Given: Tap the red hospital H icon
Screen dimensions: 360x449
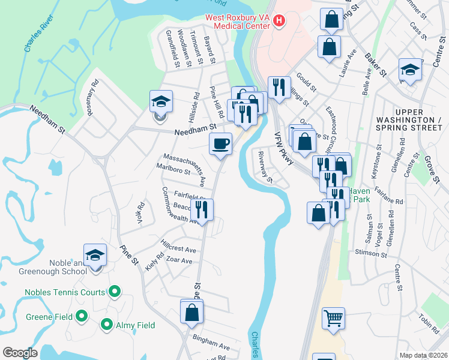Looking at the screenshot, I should [x=279, y=22].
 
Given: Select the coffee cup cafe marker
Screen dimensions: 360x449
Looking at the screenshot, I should [x=220, y=144].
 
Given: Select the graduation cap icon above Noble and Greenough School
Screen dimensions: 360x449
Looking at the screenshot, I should [x=95, y=255].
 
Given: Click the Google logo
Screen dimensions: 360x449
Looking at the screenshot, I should [x=20, y=353].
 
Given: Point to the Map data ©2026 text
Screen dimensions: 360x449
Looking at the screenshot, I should [x=423, y=355].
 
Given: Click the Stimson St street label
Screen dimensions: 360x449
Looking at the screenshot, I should [x=370, y=253].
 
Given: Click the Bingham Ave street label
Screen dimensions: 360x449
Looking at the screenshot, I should [x=211, y=347].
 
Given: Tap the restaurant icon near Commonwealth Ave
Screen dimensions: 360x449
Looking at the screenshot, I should [x=201, y=209].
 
